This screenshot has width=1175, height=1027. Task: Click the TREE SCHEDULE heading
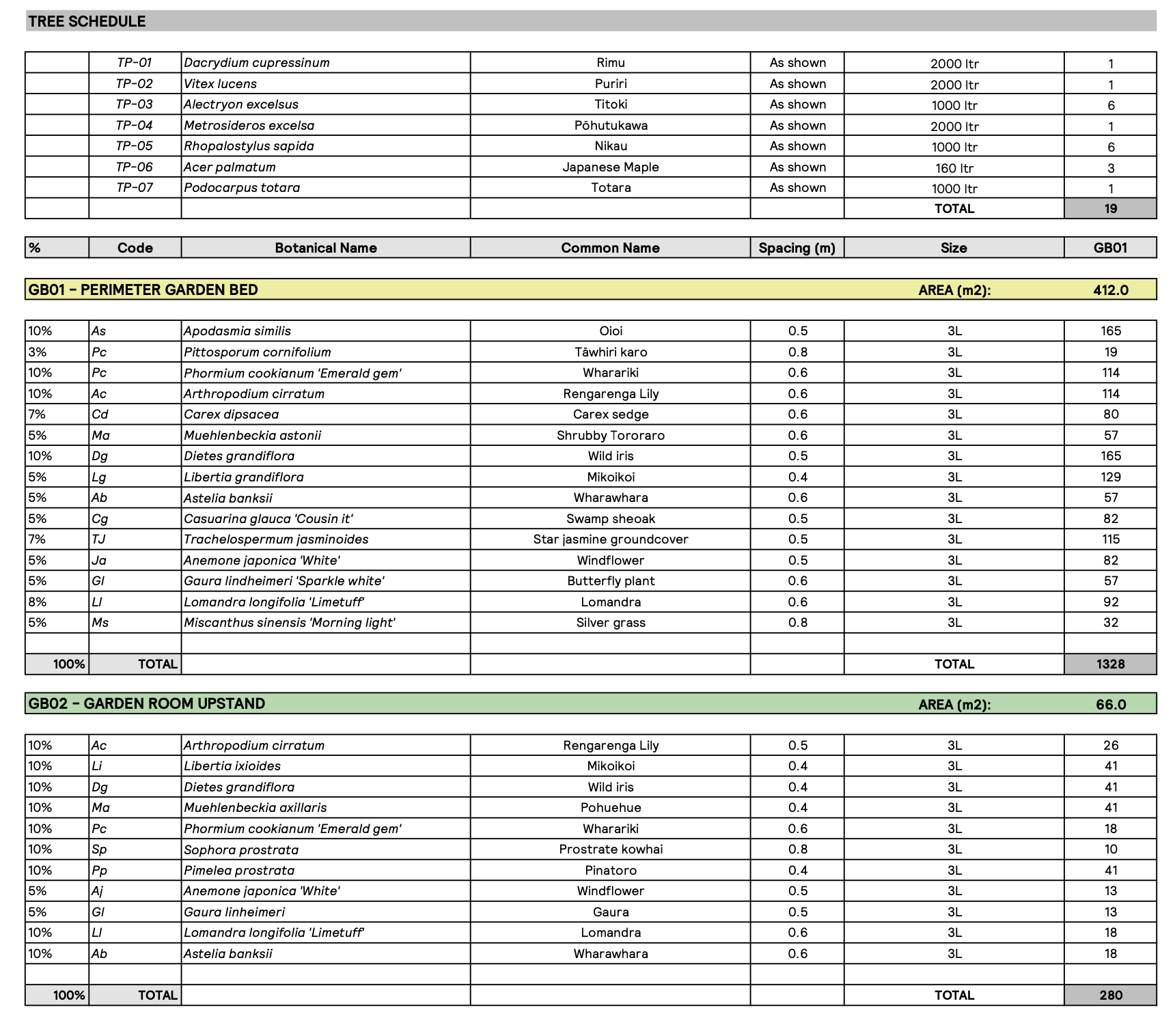click(87, 21)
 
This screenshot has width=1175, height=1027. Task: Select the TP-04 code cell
click(134, 126)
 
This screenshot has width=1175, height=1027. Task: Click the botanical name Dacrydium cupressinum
click(257, 63)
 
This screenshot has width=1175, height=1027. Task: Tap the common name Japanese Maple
click(611, 167)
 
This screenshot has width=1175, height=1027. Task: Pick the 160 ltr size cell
click(954, 168)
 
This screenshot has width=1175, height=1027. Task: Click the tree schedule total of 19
click(1111, 209)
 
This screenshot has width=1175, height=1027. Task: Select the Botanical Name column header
click(326, 248)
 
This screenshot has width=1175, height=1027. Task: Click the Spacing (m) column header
click(797, 248)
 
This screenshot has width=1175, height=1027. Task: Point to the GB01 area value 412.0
click(1111, 290)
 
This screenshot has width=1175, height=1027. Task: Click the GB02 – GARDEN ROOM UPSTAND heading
click(147, 704)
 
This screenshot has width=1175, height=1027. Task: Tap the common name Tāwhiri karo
click(611, 352)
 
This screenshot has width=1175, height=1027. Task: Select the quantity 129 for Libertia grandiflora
click(1111, 477)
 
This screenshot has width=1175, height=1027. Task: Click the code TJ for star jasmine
click(99, 539)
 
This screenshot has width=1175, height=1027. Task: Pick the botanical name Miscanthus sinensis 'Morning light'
click(290, 623)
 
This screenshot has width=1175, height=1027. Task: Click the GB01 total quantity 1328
click(1111, 664)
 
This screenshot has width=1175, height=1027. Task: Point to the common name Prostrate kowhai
click(611, 849)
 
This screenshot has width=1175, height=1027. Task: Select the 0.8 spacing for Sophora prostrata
click(798, 849)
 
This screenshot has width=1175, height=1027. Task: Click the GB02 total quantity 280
click(1111, 996)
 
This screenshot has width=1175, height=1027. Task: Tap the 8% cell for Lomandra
click(38, 602)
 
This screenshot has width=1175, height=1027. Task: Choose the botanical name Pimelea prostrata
click(239, 871)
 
